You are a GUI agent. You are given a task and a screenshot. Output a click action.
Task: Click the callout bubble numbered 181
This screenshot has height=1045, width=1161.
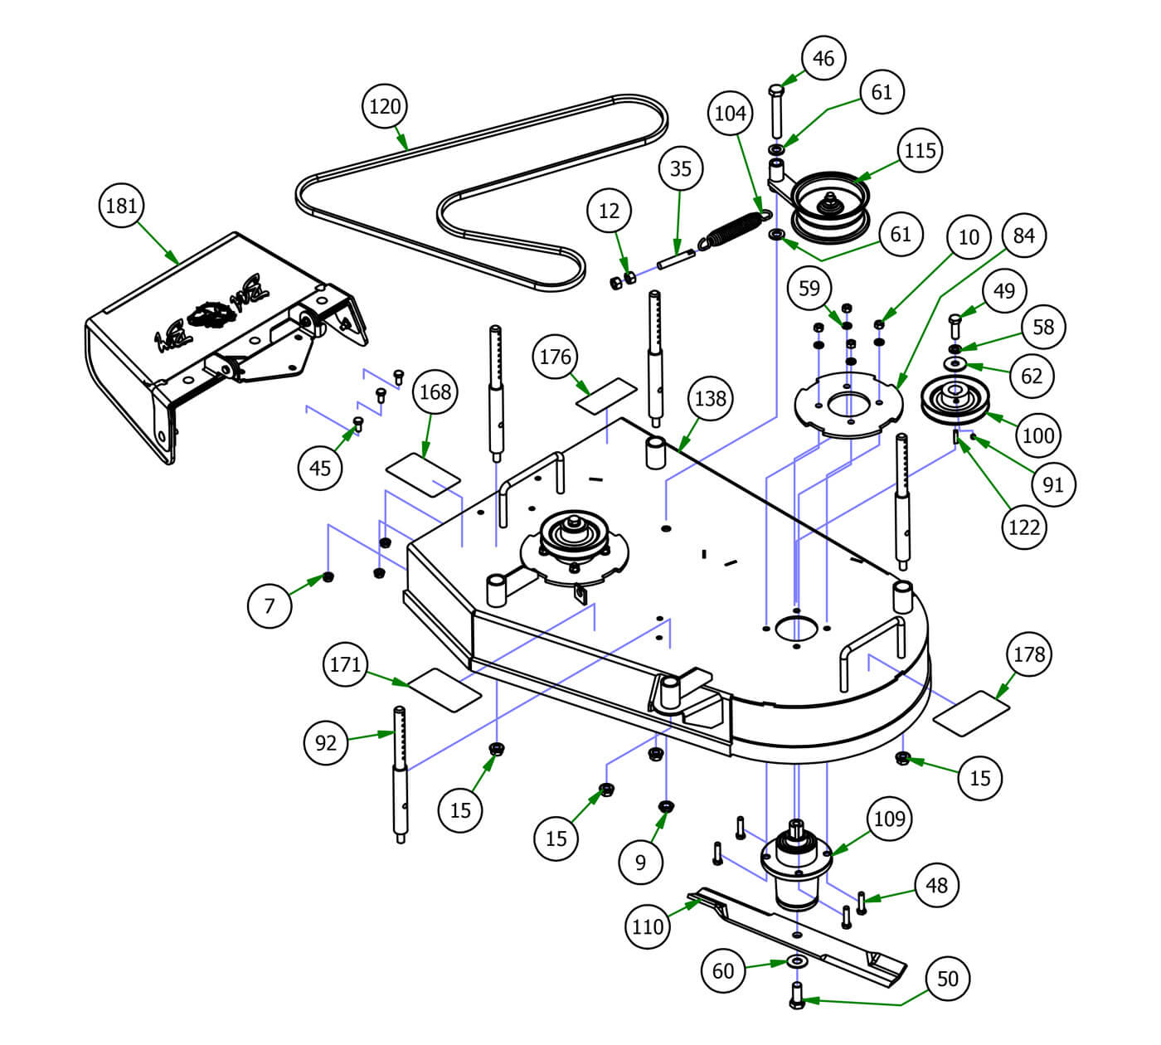tap(122, 206)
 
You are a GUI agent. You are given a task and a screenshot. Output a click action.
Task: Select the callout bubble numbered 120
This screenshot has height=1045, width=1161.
tap(385, 107)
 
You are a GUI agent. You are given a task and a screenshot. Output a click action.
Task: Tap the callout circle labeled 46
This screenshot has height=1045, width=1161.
tap(823, 59)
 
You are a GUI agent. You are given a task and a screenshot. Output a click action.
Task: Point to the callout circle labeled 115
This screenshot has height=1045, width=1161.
tap(920, 150)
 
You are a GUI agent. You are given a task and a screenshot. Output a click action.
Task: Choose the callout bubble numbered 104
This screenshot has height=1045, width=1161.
tap(731, 113)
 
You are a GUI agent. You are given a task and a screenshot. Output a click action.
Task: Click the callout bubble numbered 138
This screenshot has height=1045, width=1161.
tap(711, 399)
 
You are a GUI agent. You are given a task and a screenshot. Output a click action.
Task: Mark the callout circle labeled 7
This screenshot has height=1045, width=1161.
tap(270, 606)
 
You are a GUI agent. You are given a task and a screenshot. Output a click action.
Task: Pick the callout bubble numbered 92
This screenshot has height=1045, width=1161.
tap(326, 742)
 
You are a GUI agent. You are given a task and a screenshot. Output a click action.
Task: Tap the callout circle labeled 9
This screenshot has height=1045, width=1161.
tap(640, 862)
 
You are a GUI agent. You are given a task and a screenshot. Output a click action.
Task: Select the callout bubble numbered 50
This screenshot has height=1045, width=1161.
tap(947, 979)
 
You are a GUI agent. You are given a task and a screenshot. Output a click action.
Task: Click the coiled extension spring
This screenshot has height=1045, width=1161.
tap(731, 229)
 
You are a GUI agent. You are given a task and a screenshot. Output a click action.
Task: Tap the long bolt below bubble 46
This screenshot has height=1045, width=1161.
tap(777, 111)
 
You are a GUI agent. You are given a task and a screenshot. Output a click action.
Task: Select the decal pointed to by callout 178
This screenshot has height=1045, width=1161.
tap(971, 712)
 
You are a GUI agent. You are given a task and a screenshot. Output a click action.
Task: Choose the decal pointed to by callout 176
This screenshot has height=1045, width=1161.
tap(606, 396)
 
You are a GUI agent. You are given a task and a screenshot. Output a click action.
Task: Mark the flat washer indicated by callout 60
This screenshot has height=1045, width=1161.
tap(798, 962)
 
